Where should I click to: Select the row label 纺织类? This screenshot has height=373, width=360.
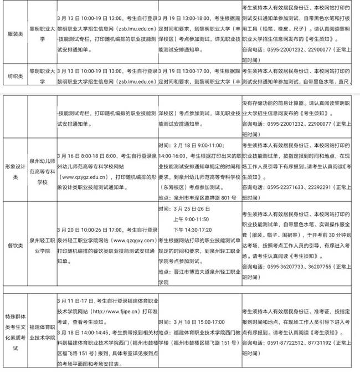pos(13,76)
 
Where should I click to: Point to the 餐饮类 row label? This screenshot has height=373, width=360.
pos(13,246)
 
